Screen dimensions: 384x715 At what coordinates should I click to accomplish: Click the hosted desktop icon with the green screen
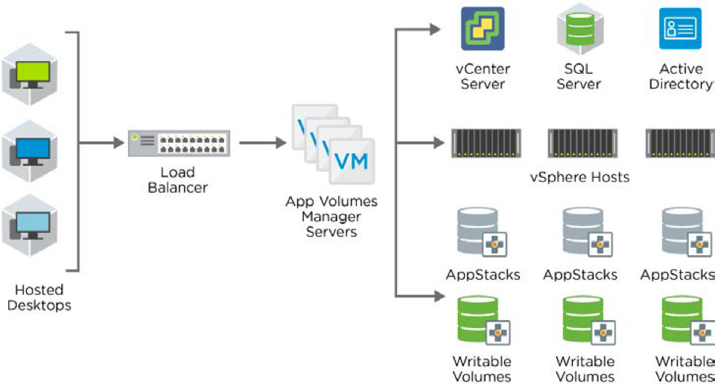pyautogui.click(x=31, y=74)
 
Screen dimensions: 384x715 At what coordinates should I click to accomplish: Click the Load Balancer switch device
pyautogui.click(x=179, y=144)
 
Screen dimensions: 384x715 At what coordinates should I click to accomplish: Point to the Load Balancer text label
pyautogui.click(x=177, y=179)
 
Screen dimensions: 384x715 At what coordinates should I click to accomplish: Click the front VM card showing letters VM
pyautogui.click(x=352, y=161)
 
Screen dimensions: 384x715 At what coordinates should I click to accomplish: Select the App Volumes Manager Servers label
pyautogui.click(x=331, y=217)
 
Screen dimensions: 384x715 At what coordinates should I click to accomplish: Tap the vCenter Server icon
pyautogui.click(x=483, y=28)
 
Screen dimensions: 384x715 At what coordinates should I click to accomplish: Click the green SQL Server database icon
pyautogui.click(x=579, y=28)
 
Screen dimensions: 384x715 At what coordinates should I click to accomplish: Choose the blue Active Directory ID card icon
pyautogui.click(x=680, y=28)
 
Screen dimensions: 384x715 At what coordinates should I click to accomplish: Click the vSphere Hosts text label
pyautogui.click(x=579, y=177)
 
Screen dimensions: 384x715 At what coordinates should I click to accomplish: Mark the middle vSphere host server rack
pyautogui.click(x=582, y=143)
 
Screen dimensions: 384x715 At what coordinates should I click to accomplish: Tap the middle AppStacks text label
pyautogui.click(x=580, y=275)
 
